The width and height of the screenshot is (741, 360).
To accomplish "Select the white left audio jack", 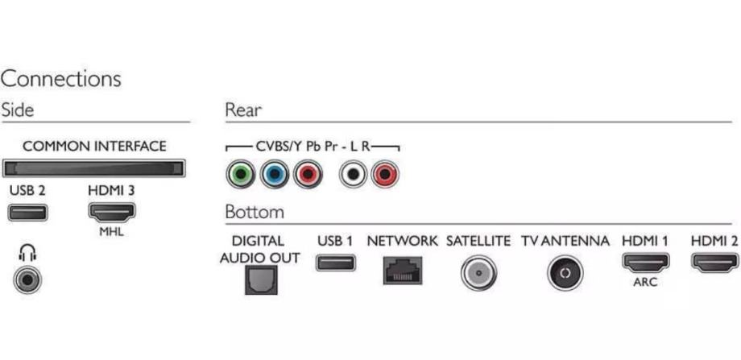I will pyautogui.click(x=353, y=174).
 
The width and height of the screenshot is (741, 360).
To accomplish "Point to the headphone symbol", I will pyautogui.click(x=24, y=254).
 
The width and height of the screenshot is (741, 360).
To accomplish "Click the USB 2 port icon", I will pyautogui.click(x=27, y=213).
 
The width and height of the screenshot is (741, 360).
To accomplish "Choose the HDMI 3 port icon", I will pyautogui.click(x=110, y=213).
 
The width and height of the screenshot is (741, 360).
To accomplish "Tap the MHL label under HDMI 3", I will pyautogui.click(x=110, y=233).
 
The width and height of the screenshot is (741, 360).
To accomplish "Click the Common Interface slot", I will pyautogui.click(x=93, y=168).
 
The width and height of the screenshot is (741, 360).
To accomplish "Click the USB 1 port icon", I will pyautogui.click(x=336, y=263).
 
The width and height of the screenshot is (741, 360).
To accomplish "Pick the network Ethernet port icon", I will pyautogui.click(x=402, y=270).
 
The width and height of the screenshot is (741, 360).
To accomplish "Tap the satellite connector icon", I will pyautogui.click(x=478, y=272).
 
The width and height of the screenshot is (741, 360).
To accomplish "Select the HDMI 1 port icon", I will pyautogui.click(x=644, y=263).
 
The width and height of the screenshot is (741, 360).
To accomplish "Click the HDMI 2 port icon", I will pyautogui.click(x=714, y=263).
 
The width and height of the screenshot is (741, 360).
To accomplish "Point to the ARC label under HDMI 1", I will pyautogui.click(x=644, y=283).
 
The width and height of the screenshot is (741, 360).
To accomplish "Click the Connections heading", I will pyautogui.click(x=61, y=79).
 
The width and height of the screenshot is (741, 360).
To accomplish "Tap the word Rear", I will pyautogui.click(x=243, y=110).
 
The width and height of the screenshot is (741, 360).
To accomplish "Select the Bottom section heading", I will pyautogui.click(x=254, y=213).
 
